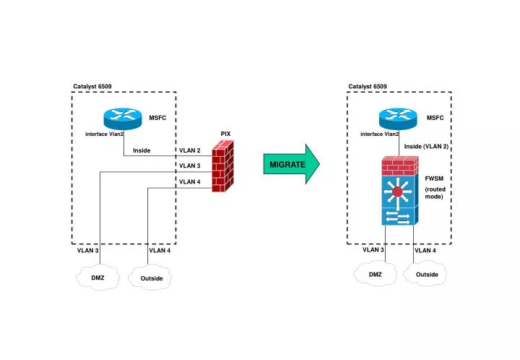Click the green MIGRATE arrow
290,165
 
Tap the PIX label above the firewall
225,134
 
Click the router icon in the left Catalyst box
123,117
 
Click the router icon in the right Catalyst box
399,117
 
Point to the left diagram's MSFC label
158,117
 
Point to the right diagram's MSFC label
435,117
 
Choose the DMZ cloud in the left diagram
98,278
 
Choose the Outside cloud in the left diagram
151,278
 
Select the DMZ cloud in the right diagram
375,274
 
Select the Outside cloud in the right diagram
427,274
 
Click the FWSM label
434,178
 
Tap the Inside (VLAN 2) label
426,147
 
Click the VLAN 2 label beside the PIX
189,151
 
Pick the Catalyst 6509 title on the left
92,87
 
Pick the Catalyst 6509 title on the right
368,87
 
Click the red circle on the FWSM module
398,192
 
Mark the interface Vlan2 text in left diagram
105,134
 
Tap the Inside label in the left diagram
142,150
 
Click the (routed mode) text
435,192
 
